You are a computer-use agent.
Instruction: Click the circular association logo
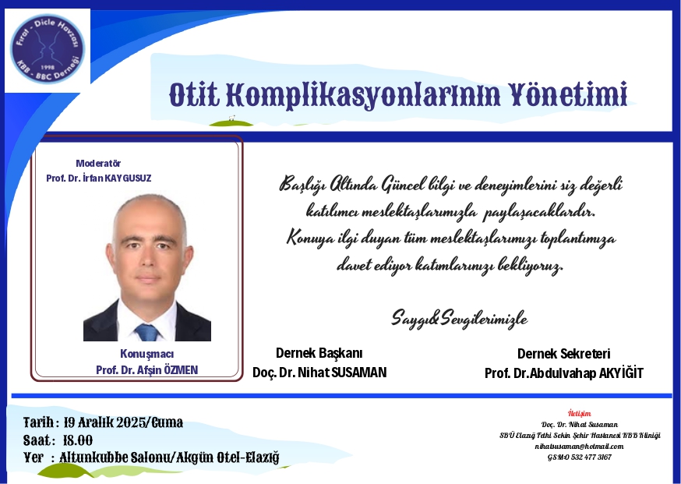pyautogui.click(x=48, y=48)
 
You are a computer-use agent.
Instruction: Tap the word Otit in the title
pyautogui.click(x=194, y=95)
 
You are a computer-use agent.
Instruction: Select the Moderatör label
pyautogui.click(x=98, y=164)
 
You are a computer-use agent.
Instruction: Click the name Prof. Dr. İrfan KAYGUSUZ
pyautogui.click(x=99, y=178)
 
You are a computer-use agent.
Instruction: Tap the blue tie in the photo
pyautogui.click(x=147, y=332)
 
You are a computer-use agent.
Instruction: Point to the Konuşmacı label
pyautogui.click(x=146, y=354)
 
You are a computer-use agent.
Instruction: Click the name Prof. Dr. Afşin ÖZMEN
pyautogui.click(x=146, y=370)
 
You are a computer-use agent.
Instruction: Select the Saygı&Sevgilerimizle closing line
pyautogui.click(x=460, y=318)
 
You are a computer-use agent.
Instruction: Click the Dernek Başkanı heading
pyautogui.click(x=319, y=353)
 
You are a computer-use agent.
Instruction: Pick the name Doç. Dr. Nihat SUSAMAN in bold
pyautogui.click(x=319, y=373)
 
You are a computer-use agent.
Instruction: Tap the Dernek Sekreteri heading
pyautogui.click(x=564, y=354)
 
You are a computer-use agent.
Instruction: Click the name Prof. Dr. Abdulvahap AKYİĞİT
pyautogui.click(x=564, y=373)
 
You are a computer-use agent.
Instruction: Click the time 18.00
pyautogui.click(x=78, y=440)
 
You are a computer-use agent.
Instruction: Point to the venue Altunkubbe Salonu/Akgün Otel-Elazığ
pyautogui.click(x=169, y=458)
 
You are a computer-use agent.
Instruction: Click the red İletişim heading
pyautogui.click(x=580, y=413)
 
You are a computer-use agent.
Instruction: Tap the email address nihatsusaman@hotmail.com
pyautogui.click(x=580, y=447)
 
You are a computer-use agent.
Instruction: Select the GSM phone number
pyautogui.click(x=580, y=457)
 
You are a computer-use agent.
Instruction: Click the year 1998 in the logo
pyautogui.click(x=48, y=67)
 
